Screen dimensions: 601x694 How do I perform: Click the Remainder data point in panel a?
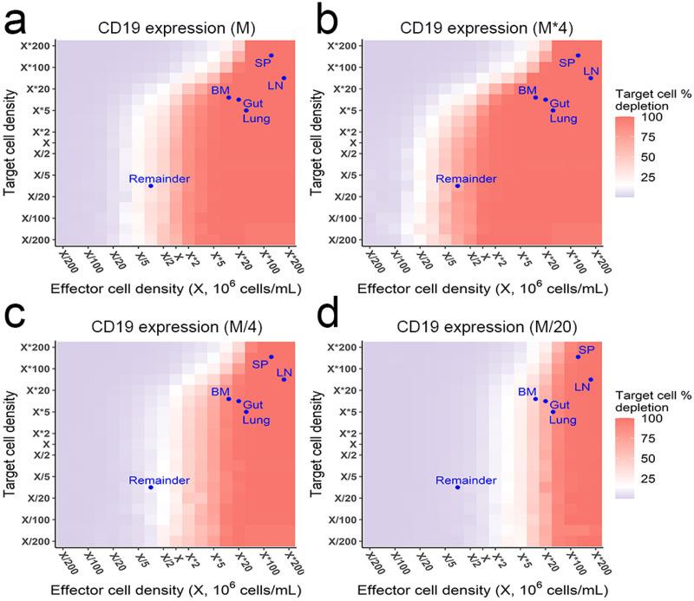[150, 186]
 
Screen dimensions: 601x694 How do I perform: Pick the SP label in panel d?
[586, 349]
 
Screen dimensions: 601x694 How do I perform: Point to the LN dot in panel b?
[591, 78]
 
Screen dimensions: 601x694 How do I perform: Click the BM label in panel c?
[219, 391]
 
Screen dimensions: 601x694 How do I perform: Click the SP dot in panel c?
[271, 357]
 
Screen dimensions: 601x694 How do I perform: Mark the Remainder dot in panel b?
[457, 186]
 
